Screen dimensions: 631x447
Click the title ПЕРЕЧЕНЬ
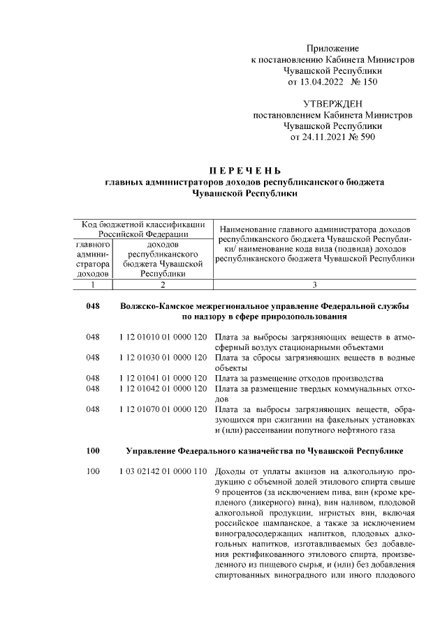(244, 171)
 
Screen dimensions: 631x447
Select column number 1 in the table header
(92, 284)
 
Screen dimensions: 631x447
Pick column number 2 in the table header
(162, 284)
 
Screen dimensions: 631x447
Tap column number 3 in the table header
(314, 284)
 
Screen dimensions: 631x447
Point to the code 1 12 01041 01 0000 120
(163, 379)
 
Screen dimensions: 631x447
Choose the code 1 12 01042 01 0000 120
(163, 388)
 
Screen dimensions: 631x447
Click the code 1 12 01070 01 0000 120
(163, 409)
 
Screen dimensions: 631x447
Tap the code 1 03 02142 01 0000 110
(163, 472)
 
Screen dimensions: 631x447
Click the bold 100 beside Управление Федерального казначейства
(93, 451)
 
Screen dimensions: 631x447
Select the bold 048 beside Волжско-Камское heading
(93, 307)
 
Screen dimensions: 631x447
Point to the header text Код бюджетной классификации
(143, 225)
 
